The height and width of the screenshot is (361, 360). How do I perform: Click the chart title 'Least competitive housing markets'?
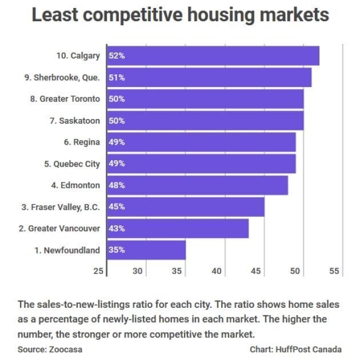(x=180, y=15)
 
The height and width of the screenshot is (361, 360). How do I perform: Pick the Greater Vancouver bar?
(x=178, y=228)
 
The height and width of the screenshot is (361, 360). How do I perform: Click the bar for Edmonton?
(x=197, y=185)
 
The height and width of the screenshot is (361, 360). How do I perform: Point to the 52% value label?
(x=117, y=56)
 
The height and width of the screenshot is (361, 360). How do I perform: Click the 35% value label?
(x=117, y=250)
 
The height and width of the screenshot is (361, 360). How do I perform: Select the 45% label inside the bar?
(x=117, y=207)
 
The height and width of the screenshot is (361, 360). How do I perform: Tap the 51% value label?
(x=117, y=77)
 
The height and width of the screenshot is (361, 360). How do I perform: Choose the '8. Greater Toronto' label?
(x=65, y=99)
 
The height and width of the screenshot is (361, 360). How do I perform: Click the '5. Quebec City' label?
(x=71, y=164)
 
